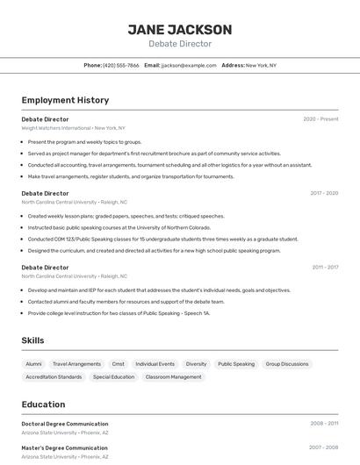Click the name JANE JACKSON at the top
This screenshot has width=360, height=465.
(180, 29)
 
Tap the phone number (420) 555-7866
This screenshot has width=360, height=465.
(120, 65)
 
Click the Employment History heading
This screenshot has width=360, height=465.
(65, 100)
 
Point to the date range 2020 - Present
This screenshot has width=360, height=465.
(320, 119)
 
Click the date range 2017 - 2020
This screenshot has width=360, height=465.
(324, 193)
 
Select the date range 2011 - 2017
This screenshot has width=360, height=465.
(325, 268)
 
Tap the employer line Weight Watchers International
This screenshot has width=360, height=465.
(56, 128)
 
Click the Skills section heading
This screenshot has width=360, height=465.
(33, 340)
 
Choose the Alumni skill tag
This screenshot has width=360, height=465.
(33, 364)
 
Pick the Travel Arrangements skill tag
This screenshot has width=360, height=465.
(76, 364)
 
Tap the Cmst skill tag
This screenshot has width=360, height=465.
(118, 364)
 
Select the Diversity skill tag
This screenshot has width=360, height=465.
(196, 364)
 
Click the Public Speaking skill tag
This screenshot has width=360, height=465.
(236, 364)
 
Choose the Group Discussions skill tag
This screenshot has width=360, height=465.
(287, 364)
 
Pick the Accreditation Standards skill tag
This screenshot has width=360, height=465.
(54, 377)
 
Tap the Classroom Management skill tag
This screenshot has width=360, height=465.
(173, 377)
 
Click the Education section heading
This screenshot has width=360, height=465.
(43, 404)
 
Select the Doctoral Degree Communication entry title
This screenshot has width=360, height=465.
(65, 424)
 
